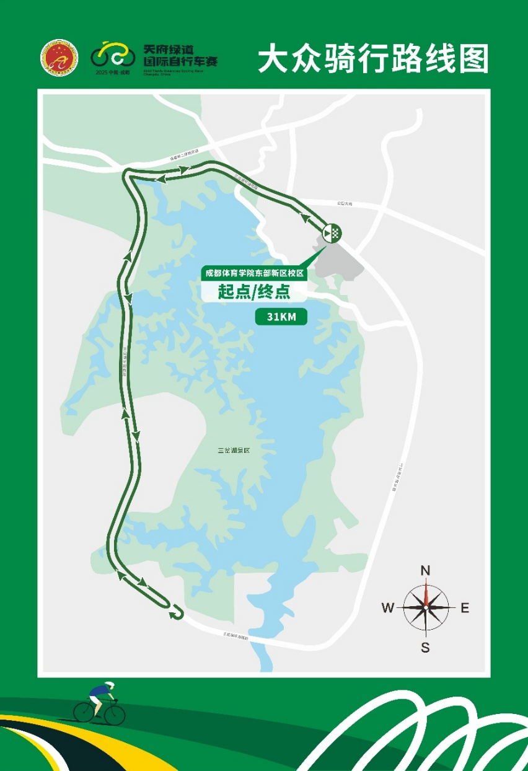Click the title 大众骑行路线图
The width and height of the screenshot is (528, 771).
(373, 59)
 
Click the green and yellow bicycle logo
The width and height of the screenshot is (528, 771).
(112, 55)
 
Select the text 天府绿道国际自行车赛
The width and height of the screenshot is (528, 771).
(180, 55)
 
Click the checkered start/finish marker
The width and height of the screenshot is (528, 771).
(332, 233)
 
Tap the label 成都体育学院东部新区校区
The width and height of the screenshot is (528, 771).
(255, 273)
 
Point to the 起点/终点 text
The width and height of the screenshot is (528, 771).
(254, 291)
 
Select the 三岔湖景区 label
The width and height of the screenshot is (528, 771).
(233, 451)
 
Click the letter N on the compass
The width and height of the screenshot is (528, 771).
(426, 571)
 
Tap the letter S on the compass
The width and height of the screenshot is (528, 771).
(425, 648)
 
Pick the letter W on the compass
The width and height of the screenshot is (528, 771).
(388, 608)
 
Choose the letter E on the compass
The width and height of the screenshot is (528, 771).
(465, 608)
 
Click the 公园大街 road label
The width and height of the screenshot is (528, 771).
(344, 203)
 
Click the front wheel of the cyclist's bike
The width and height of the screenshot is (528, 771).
(115, 714)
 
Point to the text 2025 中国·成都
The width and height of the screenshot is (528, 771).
(113, 73)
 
